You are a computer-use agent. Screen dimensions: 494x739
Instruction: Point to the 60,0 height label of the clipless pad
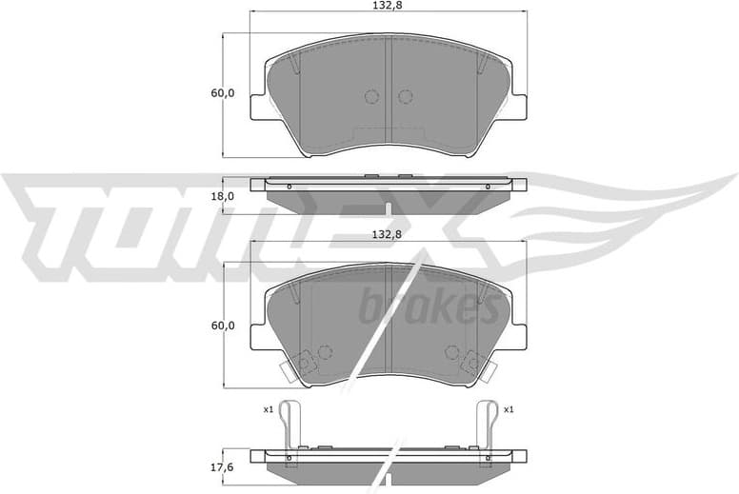click(x=222, y=93)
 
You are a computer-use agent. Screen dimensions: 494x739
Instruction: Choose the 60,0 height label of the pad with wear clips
click(x=222, y=325)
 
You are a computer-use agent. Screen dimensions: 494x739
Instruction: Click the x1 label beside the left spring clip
click(x=269, y=409)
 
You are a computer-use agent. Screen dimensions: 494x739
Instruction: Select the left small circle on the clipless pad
click(x=371, y=96)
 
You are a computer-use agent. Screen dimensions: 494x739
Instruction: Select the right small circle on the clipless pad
click(x=405, y=96)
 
